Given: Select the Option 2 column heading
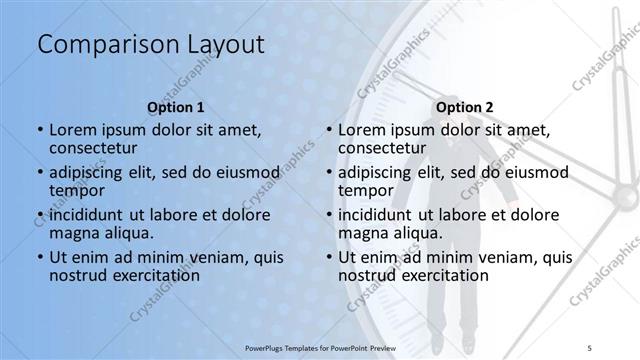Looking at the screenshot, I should click(463, 107).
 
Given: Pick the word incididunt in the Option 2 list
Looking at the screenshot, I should click(376, 215).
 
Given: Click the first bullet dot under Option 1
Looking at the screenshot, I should click(40, 130).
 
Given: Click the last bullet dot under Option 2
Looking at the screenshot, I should click(329, 257).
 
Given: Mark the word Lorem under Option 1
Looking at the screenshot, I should click(72, 130).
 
